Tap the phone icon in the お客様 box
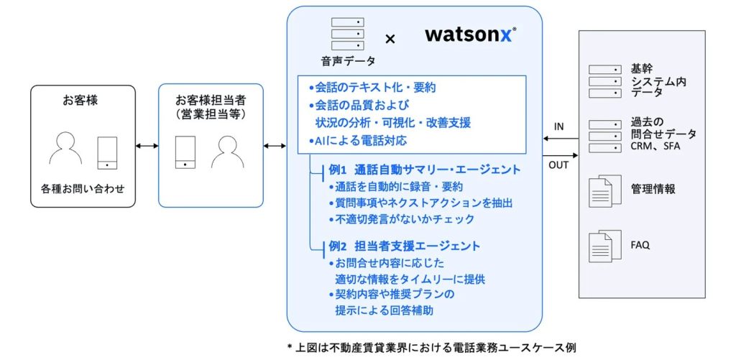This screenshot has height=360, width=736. pyautogui.click(x=107, y=152)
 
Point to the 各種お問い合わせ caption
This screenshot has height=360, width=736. pyautogui.click(x=82, y=190)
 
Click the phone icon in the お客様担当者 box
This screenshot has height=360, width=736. pyautogui.click(x=186, y=152)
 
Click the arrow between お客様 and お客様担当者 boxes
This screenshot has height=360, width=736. pyautogui.click(x=147, y=147)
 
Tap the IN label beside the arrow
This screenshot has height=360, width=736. pyautogui.click(x=558, y=127)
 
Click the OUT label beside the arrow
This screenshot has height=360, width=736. pyautogui.click(x=558, y=165)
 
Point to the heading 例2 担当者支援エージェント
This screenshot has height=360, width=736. pyautogui.click(x=404, y=246)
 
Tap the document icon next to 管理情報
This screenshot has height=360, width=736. pyautogui.click(x=600, y=190)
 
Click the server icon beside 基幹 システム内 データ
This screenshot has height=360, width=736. pyautogui.click(x=604, y=81)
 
